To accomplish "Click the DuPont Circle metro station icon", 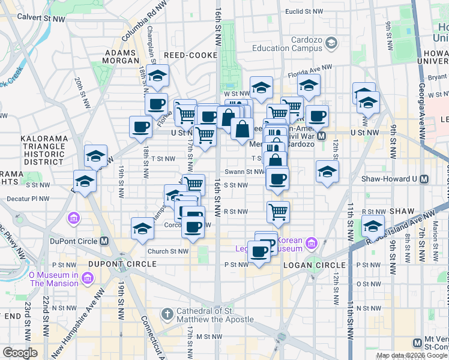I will [104, 241].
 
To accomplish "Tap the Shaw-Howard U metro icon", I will [424, 179].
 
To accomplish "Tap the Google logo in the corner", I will [20, 353].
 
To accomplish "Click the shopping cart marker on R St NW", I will [278, 211].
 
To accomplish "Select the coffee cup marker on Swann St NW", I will [277, 179].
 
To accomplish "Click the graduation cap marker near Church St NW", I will [143, 228].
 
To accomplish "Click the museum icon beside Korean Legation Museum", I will [311, 243].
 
